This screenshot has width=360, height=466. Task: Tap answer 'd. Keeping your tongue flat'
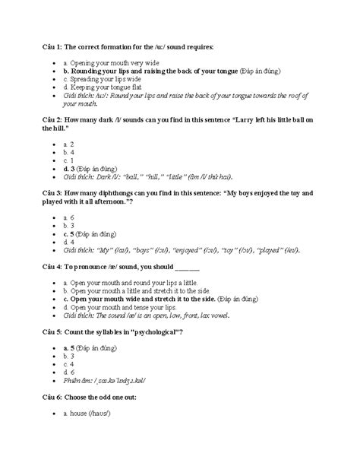(103, 88)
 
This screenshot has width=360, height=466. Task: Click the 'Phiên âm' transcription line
(110, 381)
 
